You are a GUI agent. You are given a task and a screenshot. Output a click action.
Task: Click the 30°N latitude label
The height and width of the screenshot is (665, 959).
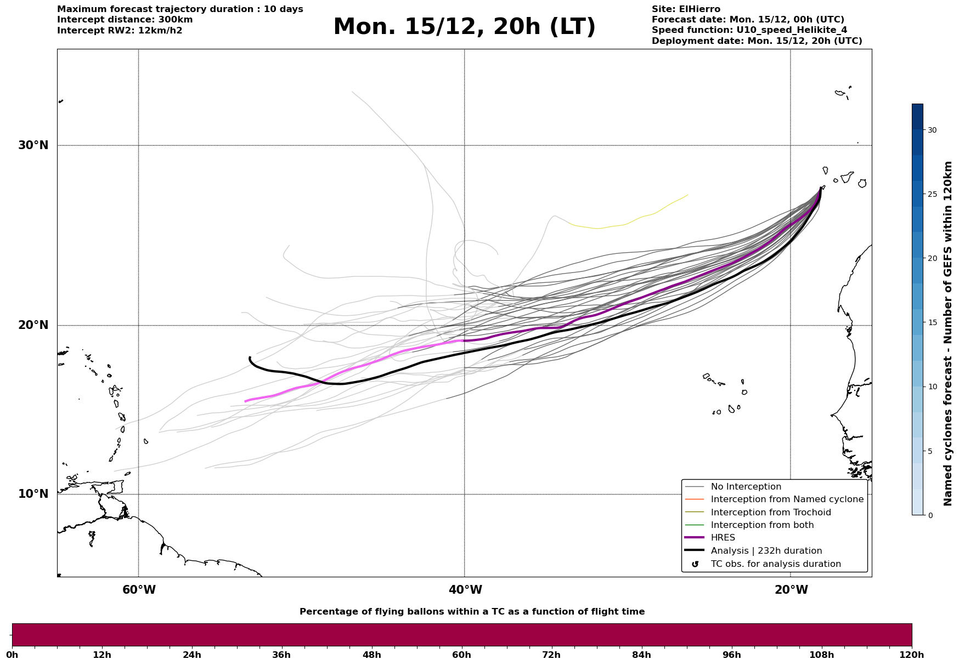pos(33,145)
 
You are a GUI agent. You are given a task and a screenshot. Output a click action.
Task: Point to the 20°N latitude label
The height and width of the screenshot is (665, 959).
pos(33,325)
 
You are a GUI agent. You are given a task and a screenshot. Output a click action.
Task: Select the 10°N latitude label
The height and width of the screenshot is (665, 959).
pos(33,494)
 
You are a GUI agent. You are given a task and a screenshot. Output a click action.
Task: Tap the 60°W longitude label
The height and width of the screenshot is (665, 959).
pos(139,590)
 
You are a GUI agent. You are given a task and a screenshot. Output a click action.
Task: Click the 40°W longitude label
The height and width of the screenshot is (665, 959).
pos(465,590)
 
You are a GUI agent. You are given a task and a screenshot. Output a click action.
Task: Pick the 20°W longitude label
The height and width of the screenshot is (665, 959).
pos(791,590)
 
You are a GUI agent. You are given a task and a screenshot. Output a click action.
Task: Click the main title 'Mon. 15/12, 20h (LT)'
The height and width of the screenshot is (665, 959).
pos(464,27)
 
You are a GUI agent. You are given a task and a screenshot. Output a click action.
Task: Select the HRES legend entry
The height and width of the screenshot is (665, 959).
pos(723,538)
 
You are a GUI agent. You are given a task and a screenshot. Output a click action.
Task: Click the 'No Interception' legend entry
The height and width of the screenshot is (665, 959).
pos(746,487)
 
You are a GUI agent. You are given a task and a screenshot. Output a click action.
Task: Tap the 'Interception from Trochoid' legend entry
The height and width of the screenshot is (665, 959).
pos(770,513)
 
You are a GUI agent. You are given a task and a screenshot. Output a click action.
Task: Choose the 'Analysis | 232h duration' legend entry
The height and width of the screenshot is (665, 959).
pos(766,551)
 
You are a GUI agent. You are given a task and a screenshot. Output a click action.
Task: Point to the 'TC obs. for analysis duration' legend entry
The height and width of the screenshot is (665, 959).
pos(775,564)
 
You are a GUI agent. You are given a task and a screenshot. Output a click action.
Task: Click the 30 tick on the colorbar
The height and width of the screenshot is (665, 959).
pos(932,130)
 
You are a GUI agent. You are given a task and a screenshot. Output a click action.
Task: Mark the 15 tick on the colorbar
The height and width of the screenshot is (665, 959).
pos(932,322)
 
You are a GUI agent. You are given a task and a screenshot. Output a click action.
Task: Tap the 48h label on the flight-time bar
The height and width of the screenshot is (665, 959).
pos(371,655)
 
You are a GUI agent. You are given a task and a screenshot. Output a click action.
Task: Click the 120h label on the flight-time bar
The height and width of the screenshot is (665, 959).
pos(911,655)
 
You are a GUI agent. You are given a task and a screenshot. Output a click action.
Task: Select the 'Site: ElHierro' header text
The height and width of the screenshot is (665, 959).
pos(686,9)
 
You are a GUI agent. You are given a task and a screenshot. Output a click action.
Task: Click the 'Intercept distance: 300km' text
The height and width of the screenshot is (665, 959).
pos(125,20)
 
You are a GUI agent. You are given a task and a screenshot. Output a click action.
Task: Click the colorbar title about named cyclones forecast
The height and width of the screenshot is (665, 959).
pos(948,333)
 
